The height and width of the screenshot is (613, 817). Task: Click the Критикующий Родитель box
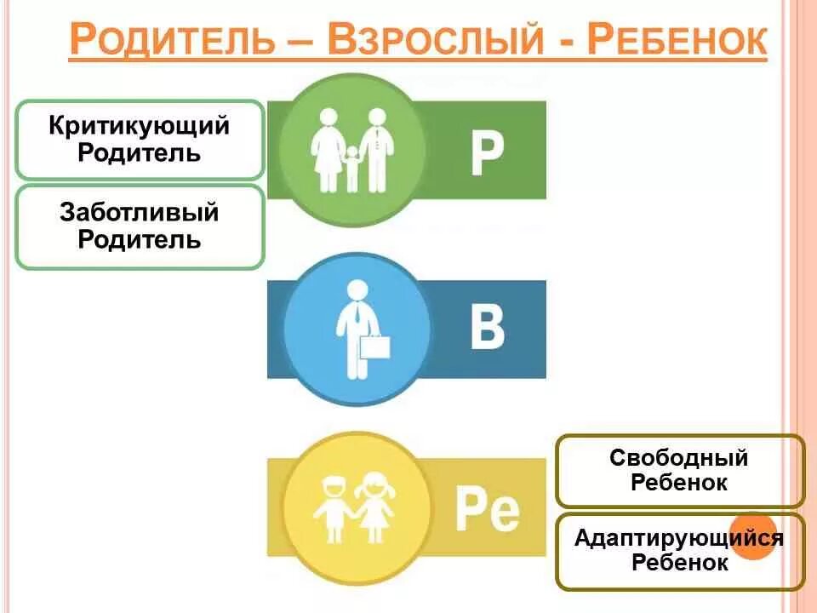click(140, 140)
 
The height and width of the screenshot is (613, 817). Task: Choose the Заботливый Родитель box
click(140, 226)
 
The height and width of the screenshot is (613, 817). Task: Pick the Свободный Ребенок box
click(679, 470)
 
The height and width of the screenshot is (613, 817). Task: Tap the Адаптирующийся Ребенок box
click(679, 550)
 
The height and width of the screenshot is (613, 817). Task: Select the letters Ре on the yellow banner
click(487, 508)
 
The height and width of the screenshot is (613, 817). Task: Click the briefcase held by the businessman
click(374, 347)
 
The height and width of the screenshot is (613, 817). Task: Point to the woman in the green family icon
click(327, 151)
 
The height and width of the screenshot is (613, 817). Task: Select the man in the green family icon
click(376, 148)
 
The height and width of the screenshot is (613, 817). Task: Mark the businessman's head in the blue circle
click(357, 289)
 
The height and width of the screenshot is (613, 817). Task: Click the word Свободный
click(679, 458)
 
